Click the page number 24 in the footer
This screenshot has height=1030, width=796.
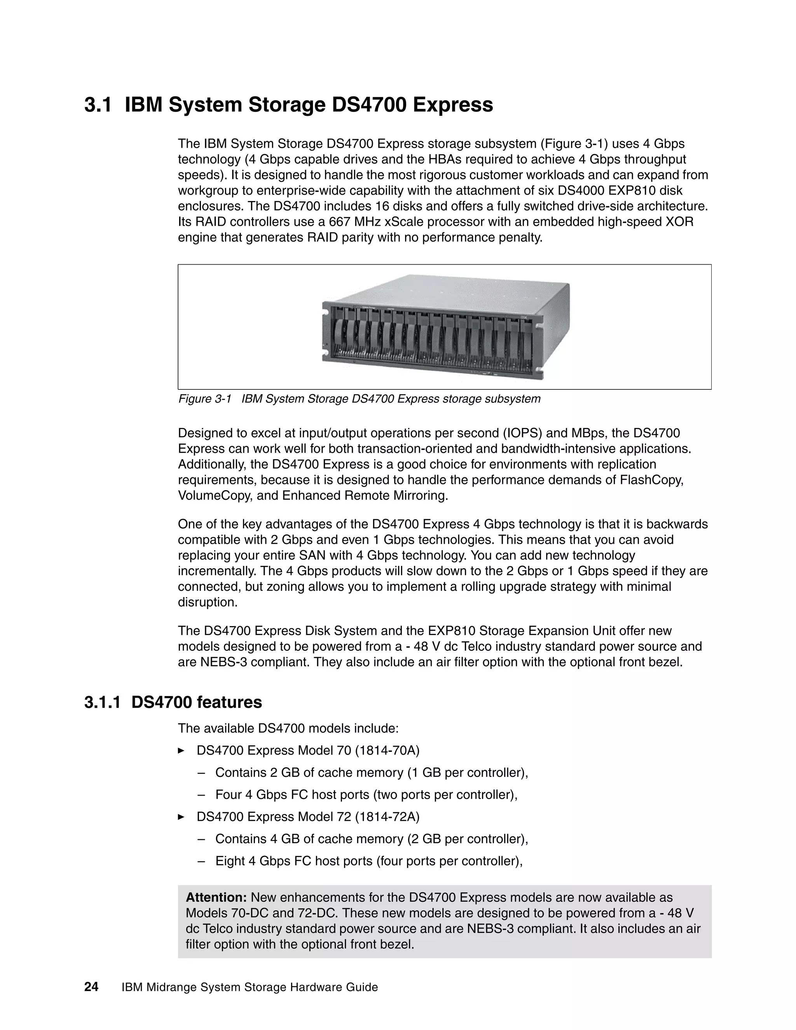(x=91, y=986)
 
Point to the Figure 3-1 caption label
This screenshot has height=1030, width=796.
(x=205, y=399)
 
